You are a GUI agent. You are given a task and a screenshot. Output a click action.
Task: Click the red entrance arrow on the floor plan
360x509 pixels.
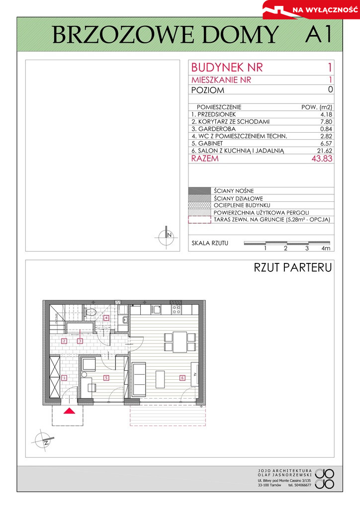pyautogui.click(x=69, y=411)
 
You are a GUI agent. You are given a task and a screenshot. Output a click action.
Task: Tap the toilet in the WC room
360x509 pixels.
pyautogui.click(x=90, y=313)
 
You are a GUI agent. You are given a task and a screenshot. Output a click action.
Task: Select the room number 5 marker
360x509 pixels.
pyautogui.click(x=106, y=378)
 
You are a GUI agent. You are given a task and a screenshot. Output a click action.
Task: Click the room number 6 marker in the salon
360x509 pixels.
pyautogui.click(x=182, y=378)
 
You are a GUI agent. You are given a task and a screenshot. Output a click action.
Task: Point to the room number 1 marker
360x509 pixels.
pyautogui.click(x=64, y=378)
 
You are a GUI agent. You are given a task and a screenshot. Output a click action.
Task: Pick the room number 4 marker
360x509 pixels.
pyautogui.click(x=106, y=318)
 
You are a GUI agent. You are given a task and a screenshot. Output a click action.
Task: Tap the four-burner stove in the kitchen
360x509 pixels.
pyautogui.click(x=177, y=309)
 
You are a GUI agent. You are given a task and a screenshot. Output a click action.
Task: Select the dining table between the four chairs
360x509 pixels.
pyautogui.click(x=180, y=342)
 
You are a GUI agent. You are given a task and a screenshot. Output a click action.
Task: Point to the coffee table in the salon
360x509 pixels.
pyautogui.click(x=161, y=379)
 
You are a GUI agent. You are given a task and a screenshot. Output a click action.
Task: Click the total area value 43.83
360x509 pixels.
pyautogui.click(x=322, y=159)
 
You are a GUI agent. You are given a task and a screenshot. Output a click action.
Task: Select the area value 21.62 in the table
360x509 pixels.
pyautogui.click(x=325, y=151)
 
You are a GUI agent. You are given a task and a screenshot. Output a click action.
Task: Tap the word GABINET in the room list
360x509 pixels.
pyautogui.click(x=210, y=143)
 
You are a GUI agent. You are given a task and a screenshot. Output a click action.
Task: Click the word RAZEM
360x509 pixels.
pyautogui.click(x=205, y=159)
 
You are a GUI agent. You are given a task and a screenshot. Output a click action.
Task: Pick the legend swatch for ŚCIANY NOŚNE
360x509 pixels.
pyautogui.click(x=199, y=191)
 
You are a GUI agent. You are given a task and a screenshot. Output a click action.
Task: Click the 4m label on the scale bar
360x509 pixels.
pyautogui.click(x=326, y=249)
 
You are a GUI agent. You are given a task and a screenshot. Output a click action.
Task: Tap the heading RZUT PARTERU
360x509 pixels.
pyautogui.click(x=293, y=267)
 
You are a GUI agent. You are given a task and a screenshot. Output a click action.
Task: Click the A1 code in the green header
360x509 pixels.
pyautogui.click(x=318, y=34)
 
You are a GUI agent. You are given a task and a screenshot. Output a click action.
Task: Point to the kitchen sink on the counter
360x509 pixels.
pyautogui.click(x=156, y=310)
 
